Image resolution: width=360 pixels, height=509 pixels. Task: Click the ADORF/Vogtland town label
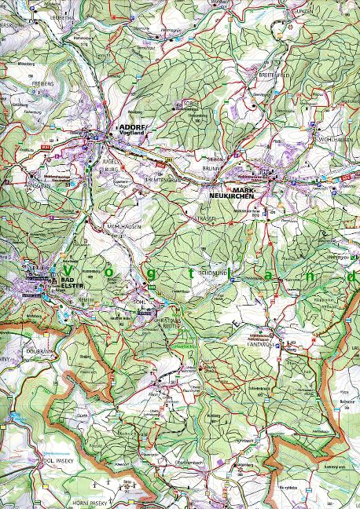click(x=130, y=129)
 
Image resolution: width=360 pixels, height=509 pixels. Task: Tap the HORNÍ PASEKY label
click(x=72, y=499)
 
